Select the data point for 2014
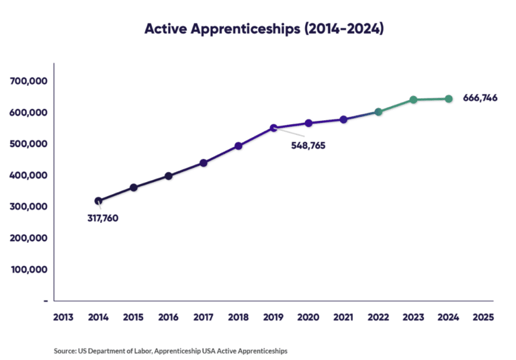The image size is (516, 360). point(99,201)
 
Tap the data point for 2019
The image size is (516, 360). point(273,128)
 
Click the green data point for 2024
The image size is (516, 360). point(449,99)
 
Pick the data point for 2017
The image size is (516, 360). point(204,163)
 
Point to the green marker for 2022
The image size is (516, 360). point(378,112)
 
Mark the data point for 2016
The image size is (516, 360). point(169,176)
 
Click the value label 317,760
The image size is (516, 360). point(103,218)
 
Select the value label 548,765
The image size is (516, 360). point(308,145)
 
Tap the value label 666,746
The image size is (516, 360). point(480,98)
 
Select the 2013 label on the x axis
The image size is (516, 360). point(64,317)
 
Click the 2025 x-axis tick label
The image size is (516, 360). point(483,317)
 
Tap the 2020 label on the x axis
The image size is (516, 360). point(308,317)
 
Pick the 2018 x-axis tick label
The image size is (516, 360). point(239,317)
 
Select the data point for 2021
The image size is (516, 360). point(343,120)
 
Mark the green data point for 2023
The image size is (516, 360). point(413,100)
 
